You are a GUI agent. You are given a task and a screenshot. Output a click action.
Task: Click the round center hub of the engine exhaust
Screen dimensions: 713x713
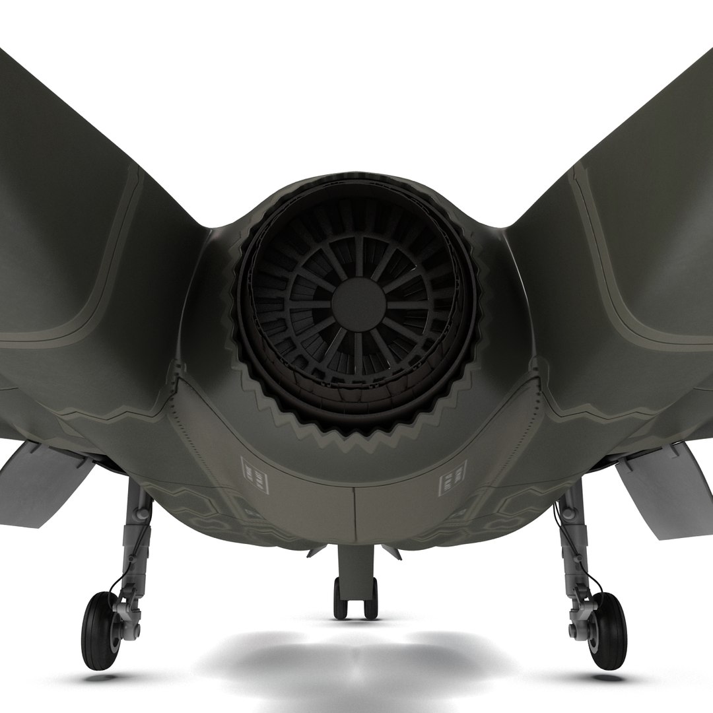(358, 304)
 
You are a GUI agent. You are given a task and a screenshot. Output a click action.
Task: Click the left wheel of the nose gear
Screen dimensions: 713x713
(339, 597)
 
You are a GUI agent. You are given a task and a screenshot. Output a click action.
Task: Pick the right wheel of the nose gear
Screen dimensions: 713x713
(373, 597)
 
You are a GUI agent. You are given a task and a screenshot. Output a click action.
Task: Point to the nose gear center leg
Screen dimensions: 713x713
(356, 564)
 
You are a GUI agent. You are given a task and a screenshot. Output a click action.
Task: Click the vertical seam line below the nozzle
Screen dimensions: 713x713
(355, 515)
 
